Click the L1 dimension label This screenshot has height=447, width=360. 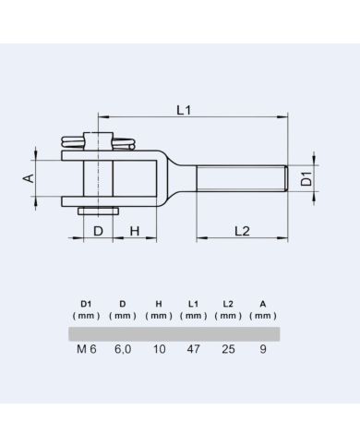pyautogui.click(x=183, y=110)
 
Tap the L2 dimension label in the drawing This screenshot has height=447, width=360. pyautogui.click(x=242, y=230)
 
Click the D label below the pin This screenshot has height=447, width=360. pyautogui.click(x=98, y=230)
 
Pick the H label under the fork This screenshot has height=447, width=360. pyautogui.click(x=133, y=230)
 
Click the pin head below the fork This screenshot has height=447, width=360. pyautogui.click(x=98, y=211)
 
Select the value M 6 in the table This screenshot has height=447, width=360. pyautogui.click(x=86, y=351)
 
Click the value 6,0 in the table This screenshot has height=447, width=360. pyautogui.click(x=122, y=351)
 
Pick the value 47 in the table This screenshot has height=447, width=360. pyautogui.click(x=194, y=351)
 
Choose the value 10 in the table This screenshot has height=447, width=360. pyautogui.click(x=159, y=351)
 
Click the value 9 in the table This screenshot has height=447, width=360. pyautogui.click(x=264, y=351)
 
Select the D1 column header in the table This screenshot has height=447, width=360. pyautogui.click(x=86, y=303)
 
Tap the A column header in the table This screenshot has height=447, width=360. pyautogui.click(x=264, y=303)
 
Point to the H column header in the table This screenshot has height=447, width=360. pyautogui.click(x=159, y=303)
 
